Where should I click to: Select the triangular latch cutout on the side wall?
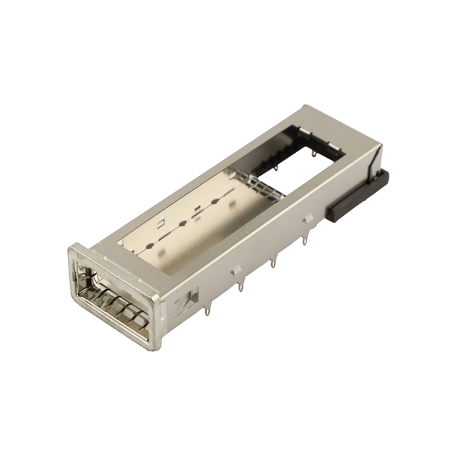point(191,297)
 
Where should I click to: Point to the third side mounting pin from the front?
point(273,264)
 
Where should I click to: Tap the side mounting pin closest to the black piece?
point(305,239)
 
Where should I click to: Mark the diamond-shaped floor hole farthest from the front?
point(214,202)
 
